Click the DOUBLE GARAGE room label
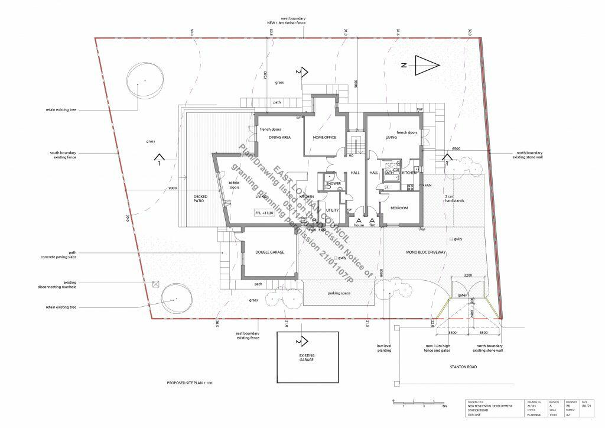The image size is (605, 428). pyautogui.click(x=269, y=252)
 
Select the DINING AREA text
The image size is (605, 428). pyautogui.click(x=279, y=137)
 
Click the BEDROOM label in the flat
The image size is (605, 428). pyautogui.click(x=399, y=208)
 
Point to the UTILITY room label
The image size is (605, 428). pyautogui.click(x=332, y=210)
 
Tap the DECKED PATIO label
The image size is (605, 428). pyautogui.click(x=202, y=200)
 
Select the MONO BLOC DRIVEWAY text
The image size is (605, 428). pyautogui.click(x=425, y=252)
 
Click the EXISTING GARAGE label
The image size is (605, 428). pyautogui.click(x=307, y=358)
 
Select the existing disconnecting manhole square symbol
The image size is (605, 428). pyautogui.click(x=155, y=284)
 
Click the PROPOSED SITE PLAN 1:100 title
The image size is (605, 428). pyautogui.click(x=190, y=384)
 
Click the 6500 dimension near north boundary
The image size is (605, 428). pyautogui.click(x=456, y=149)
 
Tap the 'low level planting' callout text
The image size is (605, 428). pyautogui.click(x=385, y=348)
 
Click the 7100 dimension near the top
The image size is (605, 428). pyautogui.click(x=266, y=75)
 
